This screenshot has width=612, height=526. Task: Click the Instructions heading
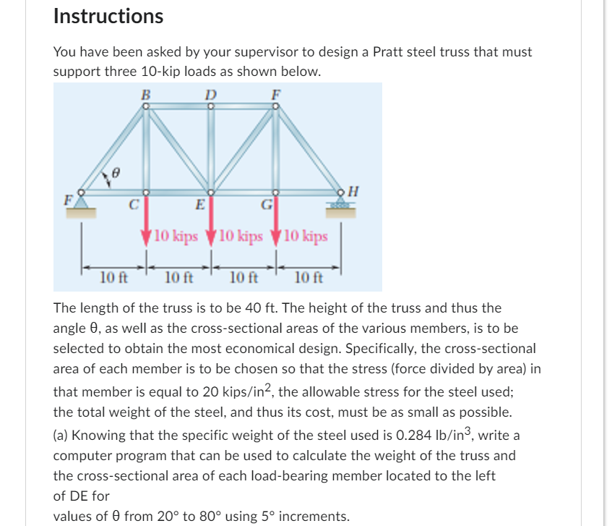(x=108, y=16)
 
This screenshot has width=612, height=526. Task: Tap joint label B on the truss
(x=145, y=93)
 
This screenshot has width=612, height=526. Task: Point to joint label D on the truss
(x=210, y=93)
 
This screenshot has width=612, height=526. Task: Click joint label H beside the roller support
(x=353, y=192)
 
